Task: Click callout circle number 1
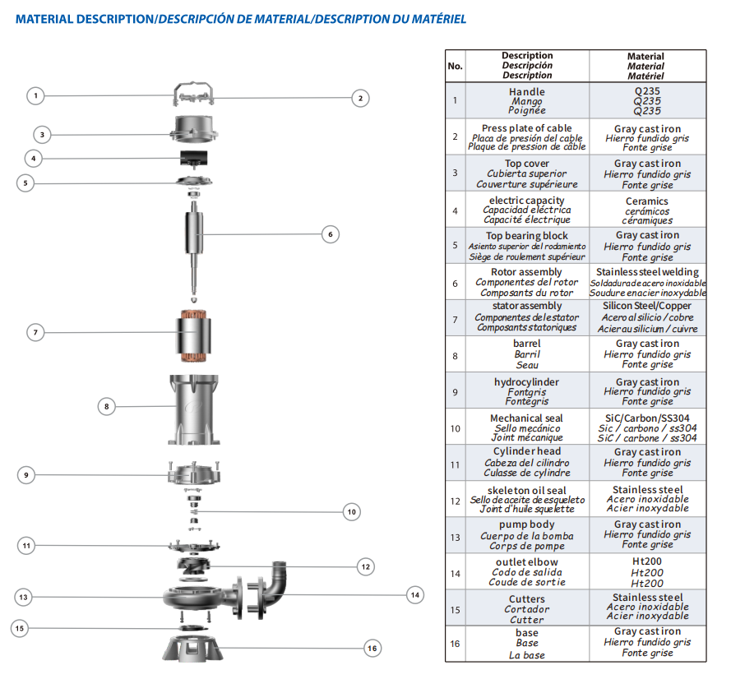pyautogui.click(x=35, y=96)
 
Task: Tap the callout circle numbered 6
pyautogui.click(x=330, y=234)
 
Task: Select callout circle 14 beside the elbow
pyautogui.click(x=414, y=594)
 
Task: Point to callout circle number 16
pyautogui.click(x=372, y=648)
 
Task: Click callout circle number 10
pyautogui.click(x=351, y=511)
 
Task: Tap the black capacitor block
pyautogui.click(x=195, y=157)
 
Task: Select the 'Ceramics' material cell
pyautogui.click(x=646, y=210)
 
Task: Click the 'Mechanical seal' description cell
pyautogui.click(x=526, y=427)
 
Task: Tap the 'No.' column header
pyautogui.click(x=455, y=66)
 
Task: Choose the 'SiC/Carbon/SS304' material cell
pyautogui.click(x=646, y=427)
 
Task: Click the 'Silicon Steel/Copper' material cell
pyautogui.click(x=646, y=316)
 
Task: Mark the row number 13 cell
pyautogui.click(x=455, y=534)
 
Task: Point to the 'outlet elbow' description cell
pyautogui.click(x=526, y=571)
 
